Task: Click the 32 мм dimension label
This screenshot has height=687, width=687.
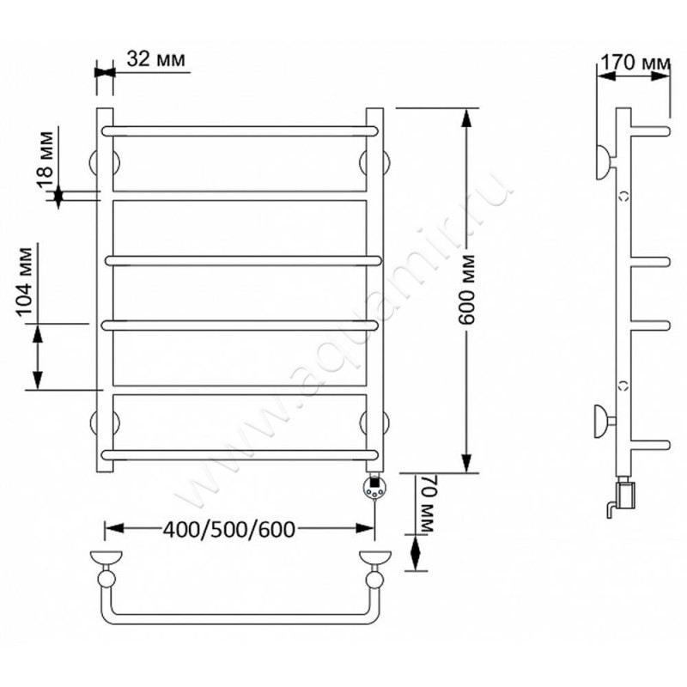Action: pos(156,58)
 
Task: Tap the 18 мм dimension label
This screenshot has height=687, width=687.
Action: pos(46,160)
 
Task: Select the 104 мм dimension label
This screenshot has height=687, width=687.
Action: pos(25,282)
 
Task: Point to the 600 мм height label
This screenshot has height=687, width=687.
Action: pos(466,289)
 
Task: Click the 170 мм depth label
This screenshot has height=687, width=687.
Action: pos(635,62)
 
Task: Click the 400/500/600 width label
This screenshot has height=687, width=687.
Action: pos(229,530)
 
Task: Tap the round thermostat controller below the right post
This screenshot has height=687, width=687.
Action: pos(374,488)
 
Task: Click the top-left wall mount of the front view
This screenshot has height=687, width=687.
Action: pos(105,162)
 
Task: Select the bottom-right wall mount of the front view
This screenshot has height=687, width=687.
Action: pos(374,423)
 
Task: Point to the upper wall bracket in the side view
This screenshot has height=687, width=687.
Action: pos(606,162)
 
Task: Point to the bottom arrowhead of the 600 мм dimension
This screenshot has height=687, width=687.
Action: pos(466,464)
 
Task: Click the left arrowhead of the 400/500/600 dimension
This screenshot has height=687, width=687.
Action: pos(115,528)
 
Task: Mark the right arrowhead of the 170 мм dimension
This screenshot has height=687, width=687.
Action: pos(660,76)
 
